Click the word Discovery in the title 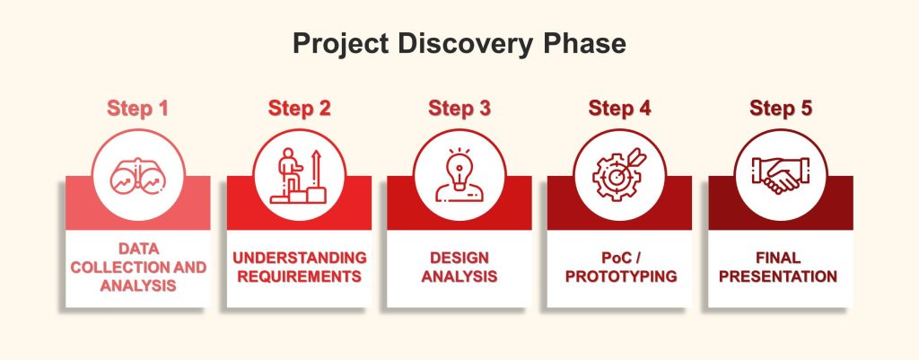461,44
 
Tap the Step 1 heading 137,109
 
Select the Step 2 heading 299,109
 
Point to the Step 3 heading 459,109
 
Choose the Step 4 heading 619,109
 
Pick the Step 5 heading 781,109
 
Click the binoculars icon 138,176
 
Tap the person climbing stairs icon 298,175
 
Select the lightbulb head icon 459,175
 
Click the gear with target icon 619,175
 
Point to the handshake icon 781,175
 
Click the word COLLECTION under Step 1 112,268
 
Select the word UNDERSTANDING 300,258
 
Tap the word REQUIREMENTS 300,277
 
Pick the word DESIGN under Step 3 459,258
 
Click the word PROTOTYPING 621,277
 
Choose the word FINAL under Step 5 778,258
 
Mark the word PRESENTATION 778,277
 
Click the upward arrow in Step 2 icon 317,169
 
